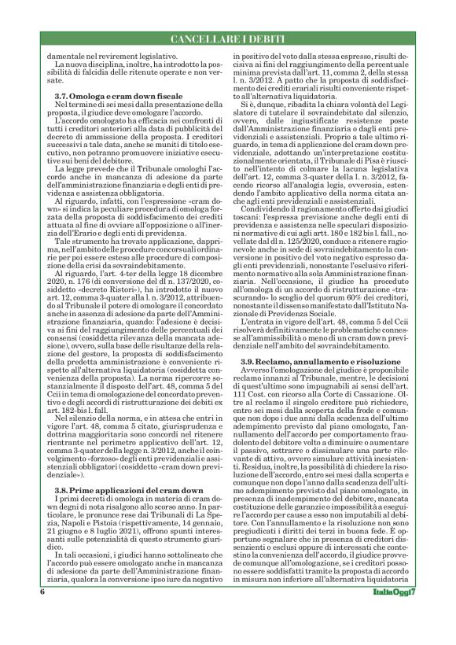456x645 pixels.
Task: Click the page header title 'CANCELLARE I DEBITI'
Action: click(x=228, y=39)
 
